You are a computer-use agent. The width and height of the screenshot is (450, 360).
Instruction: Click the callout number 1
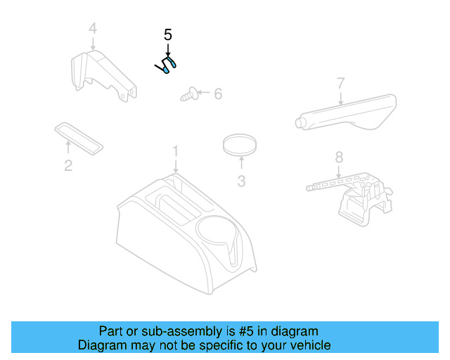(176, 151)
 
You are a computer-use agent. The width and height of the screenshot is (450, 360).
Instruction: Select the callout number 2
(68, 166)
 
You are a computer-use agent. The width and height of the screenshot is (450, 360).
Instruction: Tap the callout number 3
(241, 181)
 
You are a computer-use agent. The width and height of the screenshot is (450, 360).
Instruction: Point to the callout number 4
(93, 29)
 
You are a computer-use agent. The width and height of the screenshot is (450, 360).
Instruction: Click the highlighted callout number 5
(167, 34)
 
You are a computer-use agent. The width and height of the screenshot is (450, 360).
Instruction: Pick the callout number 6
(217, 94)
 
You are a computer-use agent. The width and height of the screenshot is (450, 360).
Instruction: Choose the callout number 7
(340, 84)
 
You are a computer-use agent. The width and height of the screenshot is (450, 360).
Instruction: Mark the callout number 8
(339, 157)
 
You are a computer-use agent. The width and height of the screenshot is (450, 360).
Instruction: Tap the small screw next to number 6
(188, 93)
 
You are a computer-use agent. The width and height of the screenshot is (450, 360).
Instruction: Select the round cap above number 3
(239, 146)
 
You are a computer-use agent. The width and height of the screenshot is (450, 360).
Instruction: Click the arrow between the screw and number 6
(202, 92)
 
